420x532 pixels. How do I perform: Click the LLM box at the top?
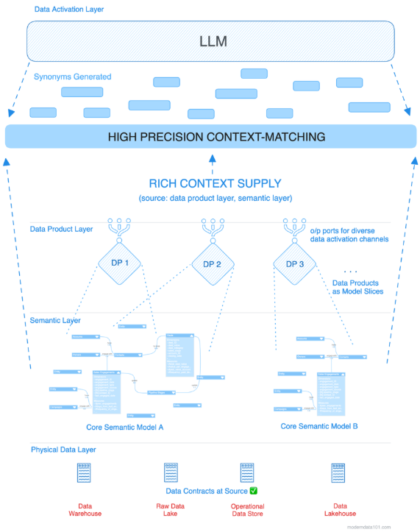point(213,41)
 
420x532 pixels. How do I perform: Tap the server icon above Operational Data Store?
point(247,472)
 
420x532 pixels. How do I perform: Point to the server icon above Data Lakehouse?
point(338,472)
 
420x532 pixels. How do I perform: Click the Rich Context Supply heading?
point(215,184)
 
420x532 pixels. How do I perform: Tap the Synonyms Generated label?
point(72,77)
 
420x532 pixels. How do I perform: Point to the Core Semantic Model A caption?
point(124,427)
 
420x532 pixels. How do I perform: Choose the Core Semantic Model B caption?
point(319,426)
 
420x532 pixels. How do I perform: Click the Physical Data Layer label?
point(63,449)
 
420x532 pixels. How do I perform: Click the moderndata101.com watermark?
point(390,527)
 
